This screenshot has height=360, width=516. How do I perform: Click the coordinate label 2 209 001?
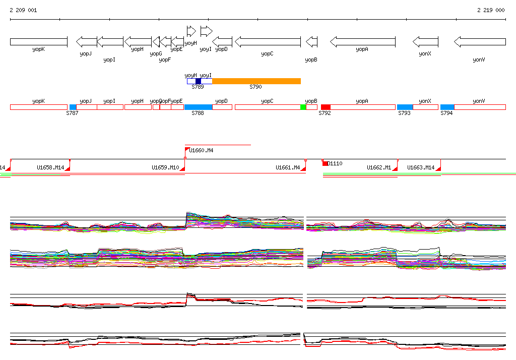coord(23,10)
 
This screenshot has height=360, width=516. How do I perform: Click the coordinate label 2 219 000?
coord(491,10)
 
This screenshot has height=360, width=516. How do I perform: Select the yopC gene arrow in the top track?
coord(268,41)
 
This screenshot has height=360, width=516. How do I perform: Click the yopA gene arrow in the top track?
coord(362,41)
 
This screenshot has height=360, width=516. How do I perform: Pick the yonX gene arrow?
coord(425,41)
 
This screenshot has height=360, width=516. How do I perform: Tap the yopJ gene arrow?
coord(86,41)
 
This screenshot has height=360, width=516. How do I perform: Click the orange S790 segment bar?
coord(256,81)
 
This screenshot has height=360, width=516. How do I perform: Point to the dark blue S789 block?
coord(198,81)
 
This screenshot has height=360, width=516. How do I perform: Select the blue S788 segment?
coord(198,107)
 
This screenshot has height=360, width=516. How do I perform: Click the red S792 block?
coord(326,107)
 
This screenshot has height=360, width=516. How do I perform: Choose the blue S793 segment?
coord(405,107)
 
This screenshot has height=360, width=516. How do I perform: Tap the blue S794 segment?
coord(447,107)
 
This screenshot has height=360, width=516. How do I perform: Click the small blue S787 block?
coord(73,107)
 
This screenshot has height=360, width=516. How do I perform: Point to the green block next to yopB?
coord(303,107)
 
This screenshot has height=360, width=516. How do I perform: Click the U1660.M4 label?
coord(201,150)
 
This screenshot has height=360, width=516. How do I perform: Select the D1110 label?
coord(335,163)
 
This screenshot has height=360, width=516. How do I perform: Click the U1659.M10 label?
coord(165,167)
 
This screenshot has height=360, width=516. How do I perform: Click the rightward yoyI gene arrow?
coord(206,31)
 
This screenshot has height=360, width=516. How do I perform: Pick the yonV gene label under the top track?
coord(479,59)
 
